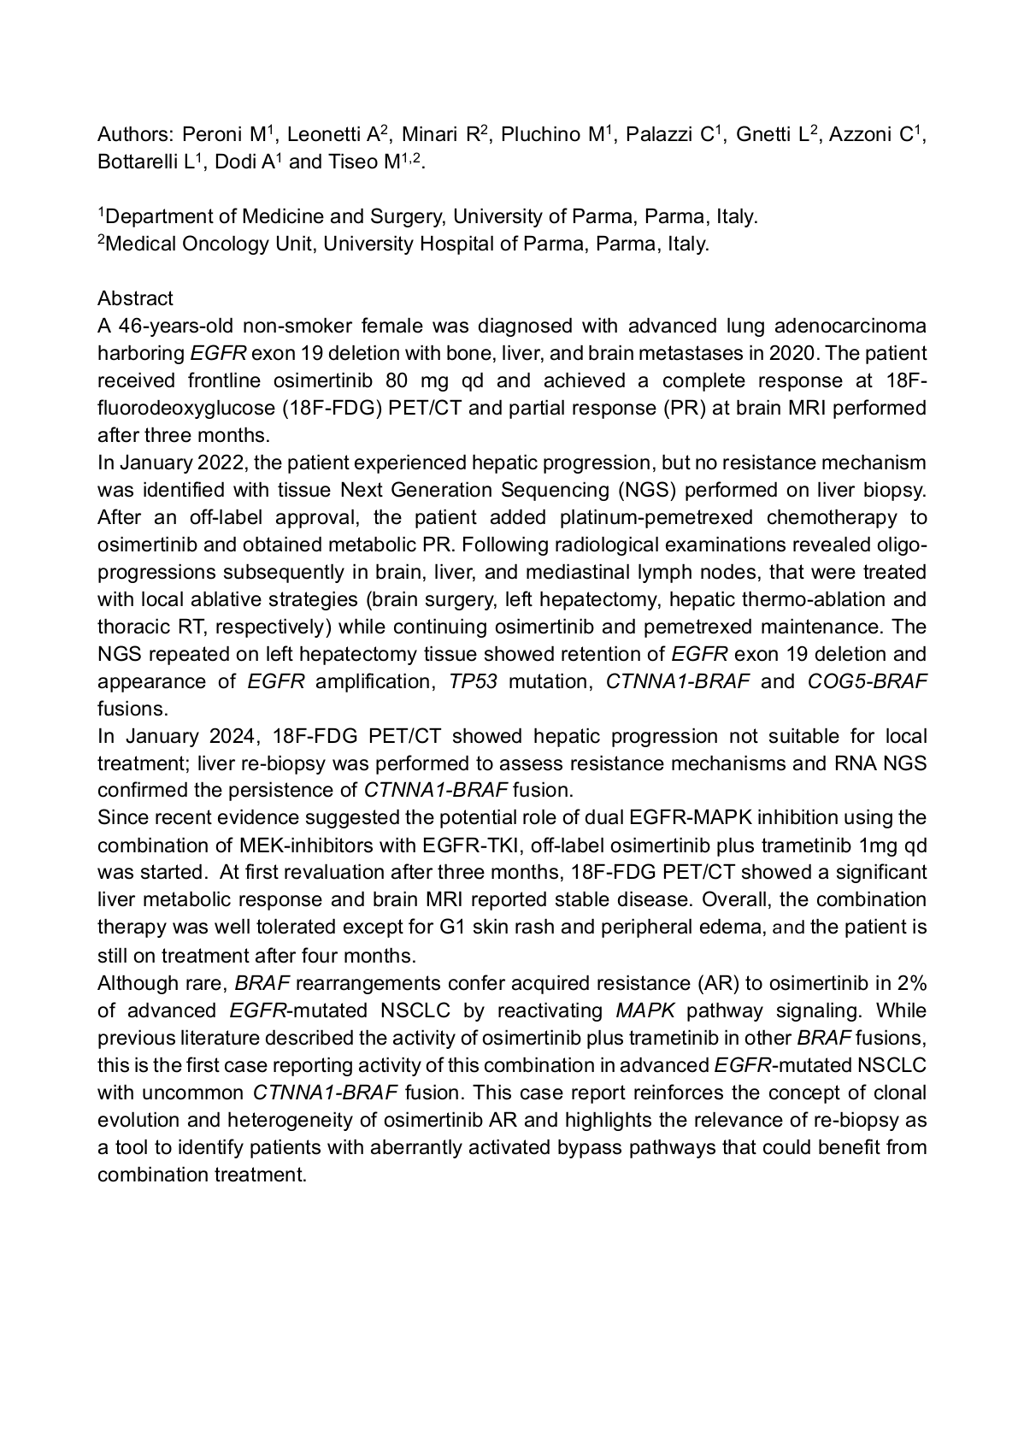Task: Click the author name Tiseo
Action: [x=353, y=162]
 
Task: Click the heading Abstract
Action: [x=135, y=298]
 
